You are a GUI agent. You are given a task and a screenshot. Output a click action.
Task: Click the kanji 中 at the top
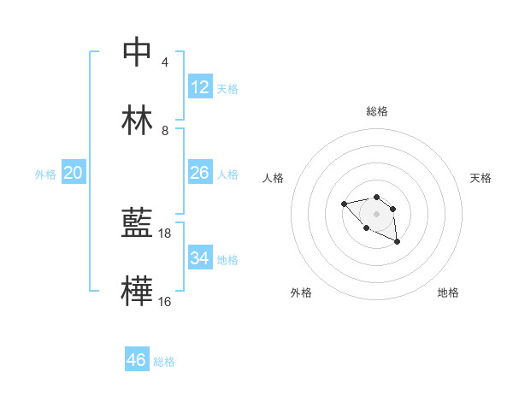click(x=137, y=52)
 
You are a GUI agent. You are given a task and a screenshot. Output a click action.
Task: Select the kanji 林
click(x=137, y=121)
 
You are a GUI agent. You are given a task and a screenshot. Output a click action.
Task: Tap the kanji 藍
click(x=137, y=224)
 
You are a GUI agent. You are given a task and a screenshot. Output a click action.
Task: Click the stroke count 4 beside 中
click(x=165, y=62)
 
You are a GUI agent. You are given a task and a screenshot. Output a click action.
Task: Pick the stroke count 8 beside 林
click(x=165, y=131)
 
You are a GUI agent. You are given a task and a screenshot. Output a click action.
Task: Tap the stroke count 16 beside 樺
click(x=165, y=302)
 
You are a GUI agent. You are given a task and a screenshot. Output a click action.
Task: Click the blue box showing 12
click(x=200, y=86)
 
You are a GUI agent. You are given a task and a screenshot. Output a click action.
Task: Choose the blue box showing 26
click(x=200, y=173)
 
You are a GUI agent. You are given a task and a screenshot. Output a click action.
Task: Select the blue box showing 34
click(x=200, y=257)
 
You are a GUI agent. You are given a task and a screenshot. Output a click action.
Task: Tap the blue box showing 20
click(x=73, y=173)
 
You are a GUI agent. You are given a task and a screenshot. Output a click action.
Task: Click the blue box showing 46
click(x=137, y=360)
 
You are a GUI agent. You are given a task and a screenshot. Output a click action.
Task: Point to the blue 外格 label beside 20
click(x=45, y=174)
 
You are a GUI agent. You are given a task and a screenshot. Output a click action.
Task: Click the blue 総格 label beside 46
click(x=164, y=362)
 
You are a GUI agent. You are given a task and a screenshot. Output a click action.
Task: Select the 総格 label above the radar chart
click(x=377, y=111)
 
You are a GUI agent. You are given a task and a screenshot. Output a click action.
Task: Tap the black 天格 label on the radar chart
click(x=481, y=178)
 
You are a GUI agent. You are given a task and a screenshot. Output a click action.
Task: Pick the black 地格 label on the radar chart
click(x=448, y=293)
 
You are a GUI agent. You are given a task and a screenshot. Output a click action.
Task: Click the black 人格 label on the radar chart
click(x=274, y=178)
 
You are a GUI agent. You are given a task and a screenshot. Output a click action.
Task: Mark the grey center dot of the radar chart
click(x=376, y=213)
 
